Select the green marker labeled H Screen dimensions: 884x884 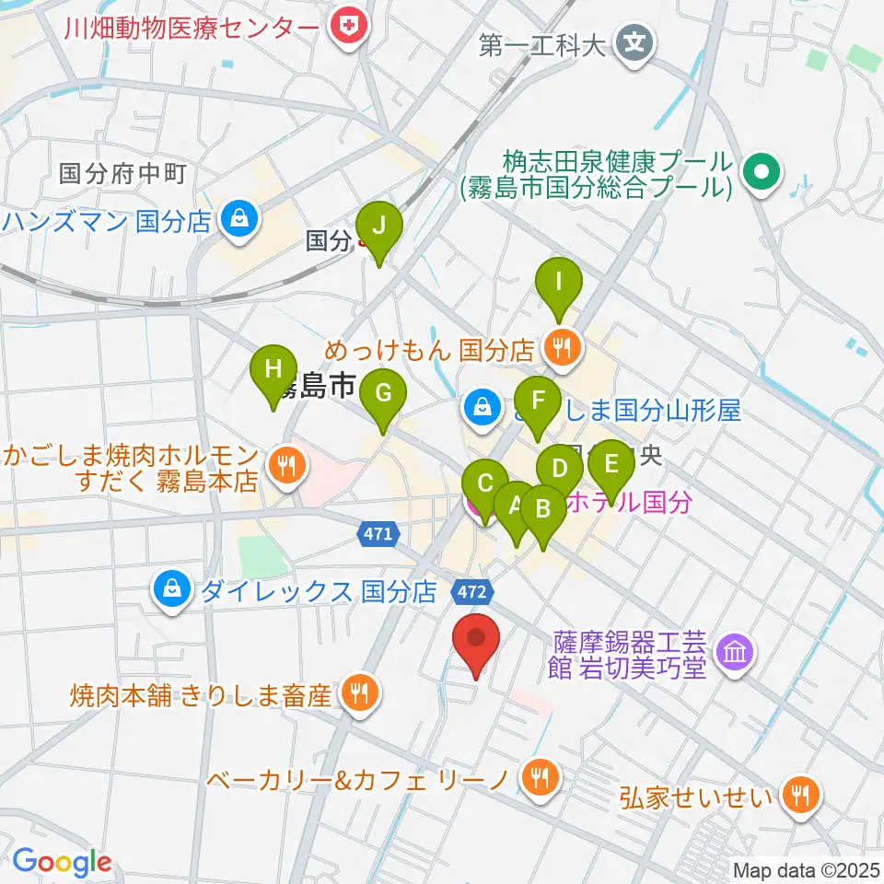(273, 371)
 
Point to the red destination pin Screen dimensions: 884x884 (476, 639)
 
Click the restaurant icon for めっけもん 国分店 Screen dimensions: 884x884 (560, 348)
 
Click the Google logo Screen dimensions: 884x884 (62, 863)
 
